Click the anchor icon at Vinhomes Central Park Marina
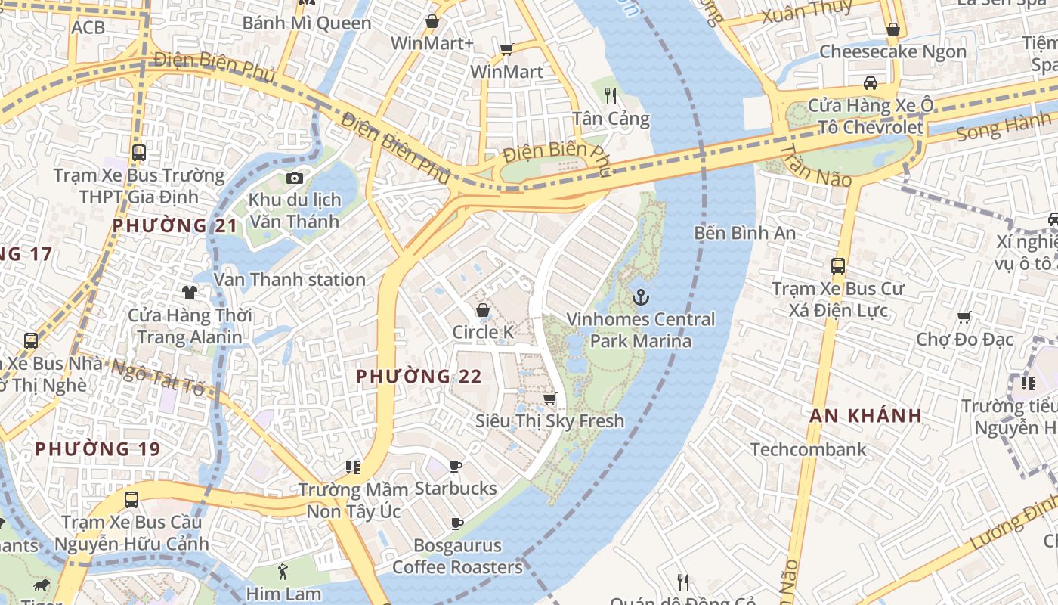click(641, 296)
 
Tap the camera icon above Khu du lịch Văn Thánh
click(295, 178)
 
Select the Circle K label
click(482, 332)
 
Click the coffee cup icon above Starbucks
click(455, 466)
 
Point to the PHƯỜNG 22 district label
click(419, 376)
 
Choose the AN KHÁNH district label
click(866, 415)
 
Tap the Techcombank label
click(808, 450)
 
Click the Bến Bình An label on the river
click(744, 233)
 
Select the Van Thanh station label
click(290, 280)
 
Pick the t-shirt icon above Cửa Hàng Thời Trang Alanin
click(189, 292)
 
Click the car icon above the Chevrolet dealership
click(871, 82)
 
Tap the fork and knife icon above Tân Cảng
click(611, 96)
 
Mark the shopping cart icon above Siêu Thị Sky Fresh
click(550, 399)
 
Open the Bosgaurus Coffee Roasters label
click(457, 556)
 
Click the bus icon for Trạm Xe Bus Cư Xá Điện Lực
click(837, 266)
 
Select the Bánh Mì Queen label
click(307, 23)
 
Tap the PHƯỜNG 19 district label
click(97, 449)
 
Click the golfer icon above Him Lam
click(283, 572)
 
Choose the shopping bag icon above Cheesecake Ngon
click(892, 29)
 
